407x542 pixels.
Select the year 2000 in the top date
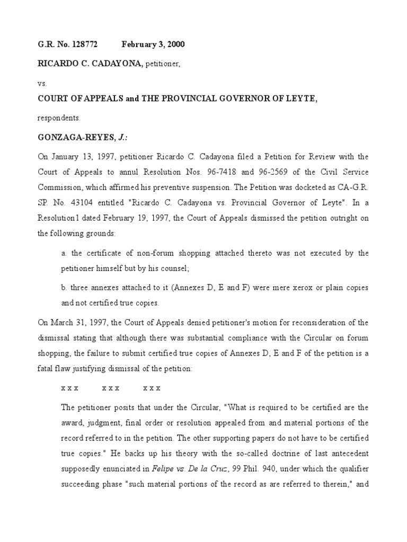pyautogui.click(x=175, y=44)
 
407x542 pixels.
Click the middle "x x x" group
pyautogui.click(x=110, y=387)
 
